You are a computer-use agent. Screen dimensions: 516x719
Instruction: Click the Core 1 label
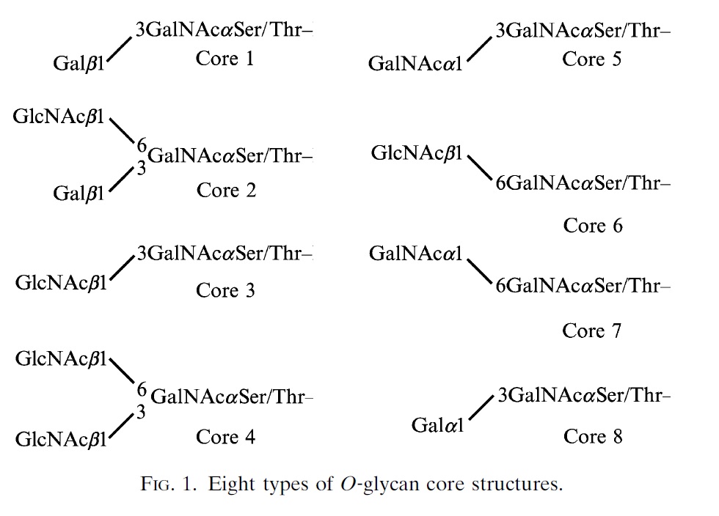(x=225, y=59)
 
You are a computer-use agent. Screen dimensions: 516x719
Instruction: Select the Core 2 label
(x=226, y=191)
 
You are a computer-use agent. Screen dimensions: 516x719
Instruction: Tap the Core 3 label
(x=225, y=291)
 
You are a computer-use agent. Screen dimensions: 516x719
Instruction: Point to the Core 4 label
(x=225, y=438)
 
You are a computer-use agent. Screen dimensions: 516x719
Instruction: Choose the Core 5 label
(x=591, y=59)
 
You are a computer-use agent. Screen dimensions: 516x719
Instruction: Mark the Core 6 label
(x=592, y=226)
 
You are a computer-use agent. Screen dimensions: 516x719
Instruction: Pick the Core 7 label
(x=591, y=331)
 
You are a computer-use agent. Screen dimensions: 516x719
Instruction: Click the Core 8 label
(x=593, y=437)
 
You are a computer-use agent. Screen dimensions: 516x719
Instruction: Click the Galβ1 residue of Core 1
(x=79, y=64)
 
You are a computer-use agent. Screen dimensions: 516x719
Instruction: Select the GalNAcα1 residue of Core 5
(x=415, y=64)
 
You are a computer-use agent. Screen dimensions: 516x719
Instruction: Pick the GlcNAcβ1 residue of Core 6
(x=417, y=154)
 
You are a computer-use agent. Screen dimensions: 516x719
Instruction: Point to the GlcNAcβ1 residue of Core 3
(x=62, y=283)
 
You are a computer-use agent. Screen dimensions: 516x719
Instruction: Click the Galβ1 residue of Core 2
(x=79, y=194)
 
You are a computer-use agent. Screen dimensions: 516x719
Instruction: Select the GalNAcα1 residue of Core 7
(x=415, y=254)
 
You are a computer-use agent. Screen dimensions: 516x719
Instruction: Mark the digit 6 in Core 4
(x=142, y=389)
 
